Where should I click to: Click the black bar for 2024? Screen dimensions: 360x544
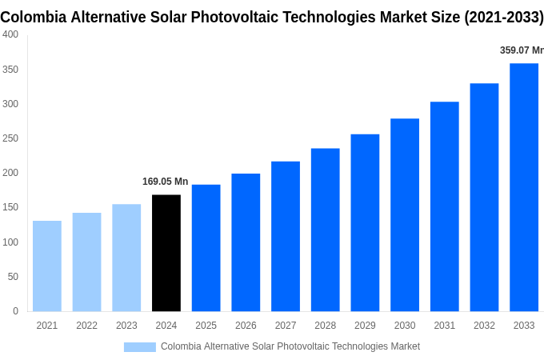pos(166,253)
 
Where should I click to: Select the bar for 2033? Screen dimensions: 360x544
pos(524,187)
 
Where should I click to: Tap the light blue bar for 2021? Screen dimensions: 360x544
pos(47,266)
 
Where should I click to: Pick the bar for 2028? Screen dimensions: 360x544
pos(326,230)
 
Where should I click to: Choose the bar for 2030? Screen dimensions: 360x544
pos(405,214)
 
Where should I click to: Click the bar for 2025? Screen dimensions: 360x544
pos(206,248)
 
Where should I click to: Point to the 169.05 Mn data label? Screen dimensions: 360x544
pos(165,182)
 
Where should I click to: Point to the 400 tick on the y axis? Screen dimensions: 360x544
pos(10,34)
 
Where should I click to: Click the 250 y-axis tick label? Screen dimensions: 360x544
pos(10,138)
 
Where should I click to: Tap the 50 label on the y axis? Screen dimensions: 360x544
pos(13,277)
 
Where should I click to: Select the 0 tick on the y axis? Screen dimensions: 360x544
pos(15,311)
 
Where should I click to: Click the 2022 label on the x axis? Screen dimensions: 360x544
pos(86,326)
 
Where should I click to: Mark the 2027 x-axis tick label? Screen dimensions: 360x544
pos(286,326)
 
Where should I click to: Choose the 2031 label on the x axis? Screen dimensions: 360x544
pos(444,326)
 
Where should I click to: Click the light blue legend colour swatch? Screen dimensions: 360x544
pos(139,346)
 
